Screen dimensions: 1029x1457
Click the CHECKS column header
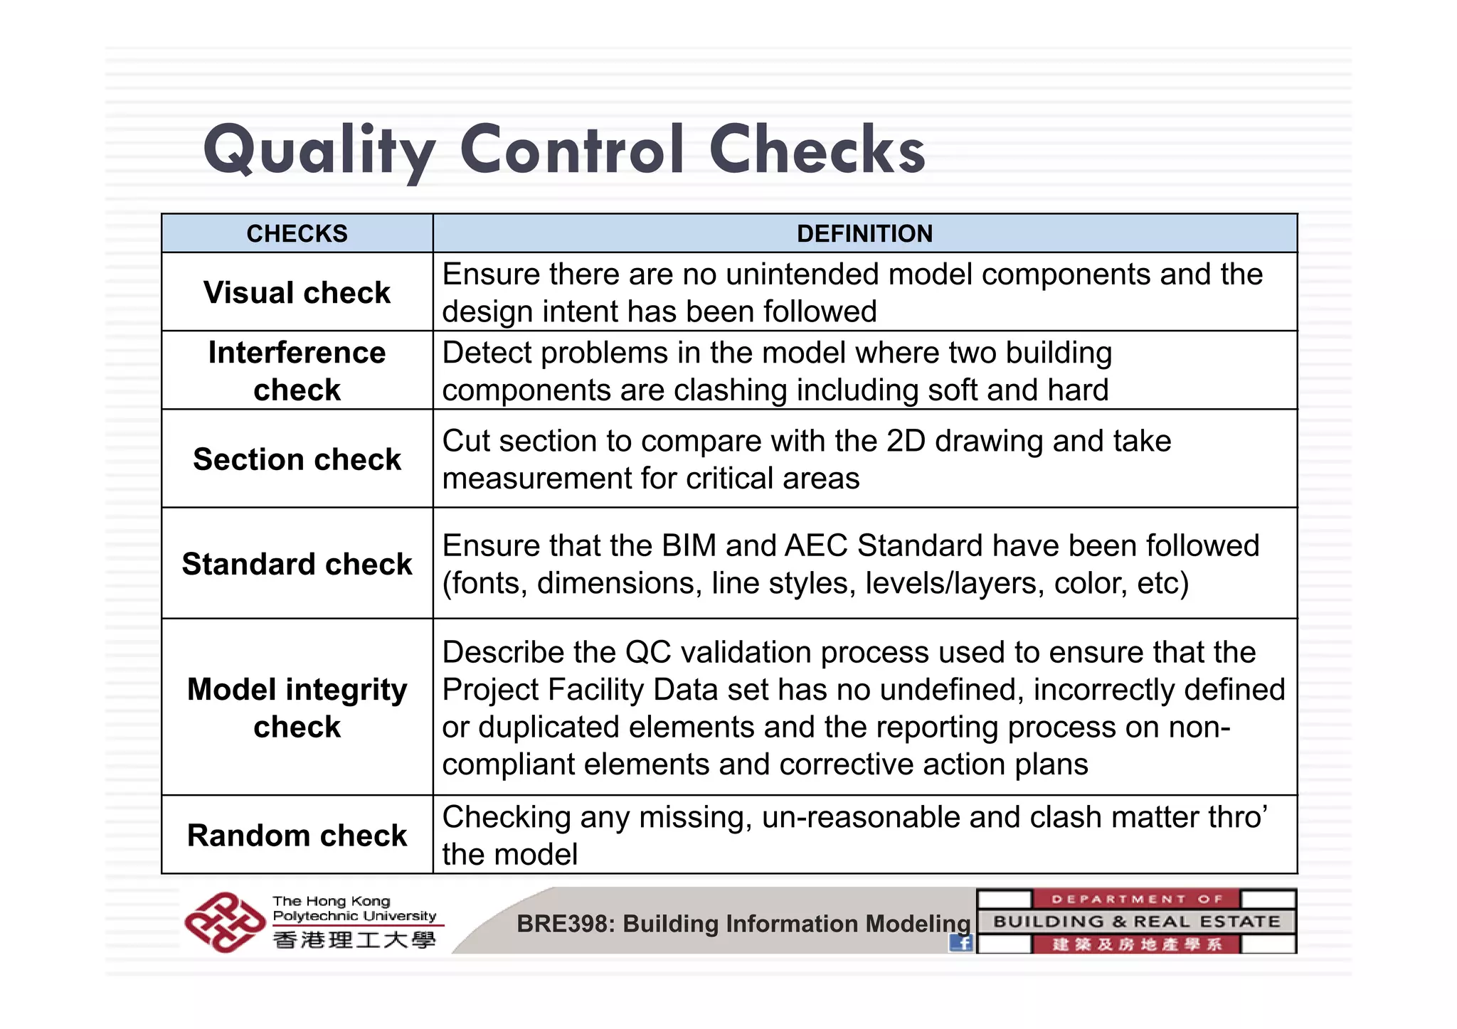click(x=297, y=233)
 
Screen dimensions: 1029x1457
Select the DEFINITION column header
click(x=864, y=233)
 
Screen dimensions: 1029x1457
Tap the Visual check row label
click(x=297, y=292)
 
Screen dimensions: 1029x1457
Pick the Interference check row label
click(x=297, y=370)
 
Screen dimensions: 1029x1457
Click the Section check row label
click(x=297, y=459)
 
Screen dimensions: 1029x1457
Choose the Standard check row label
click(x=297, y=563)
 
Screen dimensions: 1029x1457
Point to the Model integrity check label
click(x=297, y=708)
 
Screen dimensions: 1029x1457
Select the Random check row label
click(x=297, y=835)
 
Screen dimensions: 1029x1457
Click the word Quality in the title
click(x=319, y=151)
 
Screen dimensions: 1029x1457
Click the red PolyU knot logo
click(x=224, y=922)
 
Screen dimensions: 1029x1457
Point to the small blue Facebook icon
click(x=961, y=943)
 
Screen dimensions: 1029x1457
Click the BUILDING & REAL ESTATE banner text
click(x=1136, y=922)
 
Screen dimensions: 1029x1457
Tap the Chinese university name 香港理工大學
click(x=354, y=940)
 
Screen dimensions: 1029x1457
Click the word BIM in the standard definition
click(x=688, y=545)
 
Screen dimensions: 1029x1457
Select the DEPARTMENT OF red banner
click(x=1136, y=899)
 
